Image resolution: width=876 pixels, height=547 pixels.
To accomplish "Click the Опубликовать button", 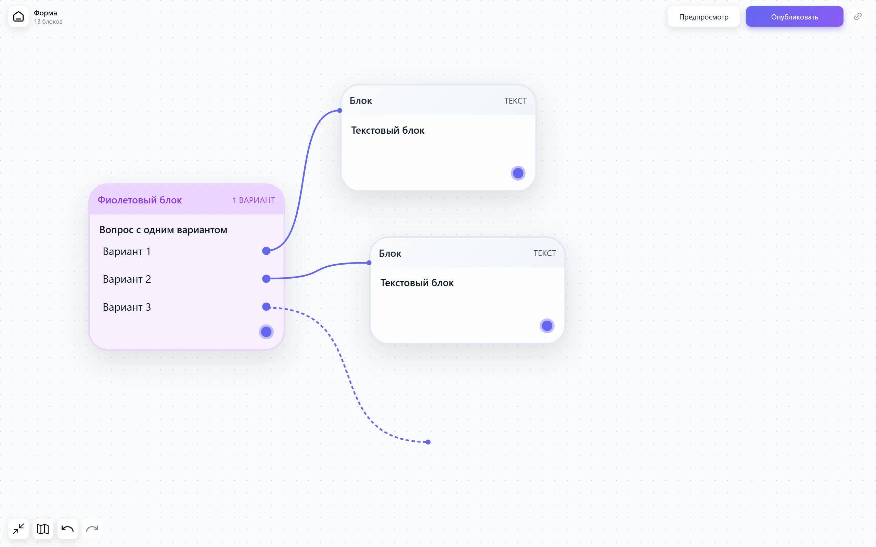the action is coord(794,17).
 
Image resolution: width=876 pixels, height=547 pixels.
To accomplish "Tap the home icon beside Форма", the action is coord(18,17).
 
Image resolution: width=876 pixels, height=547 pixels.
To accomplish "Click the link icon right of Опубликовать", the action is coord(858,17).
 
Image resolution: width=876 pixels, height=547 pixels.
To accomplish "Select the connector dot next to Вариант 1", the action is coord(267,251).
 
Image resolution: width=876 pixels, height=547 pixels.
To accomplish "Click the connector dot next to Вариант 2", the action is coord(267,279).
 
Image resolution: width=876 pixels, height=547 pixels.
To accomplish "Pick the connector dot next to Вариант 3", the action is coord(267,307).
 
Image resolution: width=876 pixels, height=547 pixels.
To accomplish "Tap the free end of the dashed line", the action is coord(428,442).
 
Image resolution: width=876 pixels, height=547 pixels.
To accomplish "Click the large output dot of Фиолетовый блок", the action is coord(267,332).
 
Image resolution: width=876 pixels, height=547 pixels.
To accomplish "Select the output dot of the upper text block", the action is coord(518,173).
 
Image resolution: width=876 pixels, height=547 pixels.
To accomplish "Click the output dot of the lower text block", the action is coord(547,326).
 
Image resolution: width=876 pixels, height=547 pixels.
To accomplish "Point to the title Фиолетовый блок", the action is coord(140,200).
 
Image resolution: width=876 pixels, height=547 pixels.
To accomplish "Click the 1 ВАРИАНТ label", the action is coord(254,200).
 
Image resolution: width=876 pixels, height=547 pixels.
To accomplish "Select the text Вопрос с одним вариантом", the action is coord(163,230).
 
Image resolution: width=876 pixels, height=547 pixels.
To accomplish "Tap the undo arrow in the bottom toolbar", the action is coord(68,529).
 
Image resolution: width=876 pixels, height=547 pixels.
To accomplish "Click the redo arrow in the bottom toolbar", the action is coord(92,529).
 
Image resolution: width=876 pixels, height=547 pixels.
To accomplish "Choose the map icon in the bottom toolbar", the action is coord(43,529).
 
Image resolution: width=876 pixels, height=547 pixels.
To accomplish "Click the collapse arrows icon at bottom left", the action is coord(18,529).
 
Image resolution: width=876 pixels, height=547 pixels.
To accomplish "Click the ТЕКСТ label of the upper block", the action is coord(515,101).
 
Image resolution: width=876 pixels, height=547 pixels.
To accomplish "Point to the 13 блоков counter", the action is coord(48,22).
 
